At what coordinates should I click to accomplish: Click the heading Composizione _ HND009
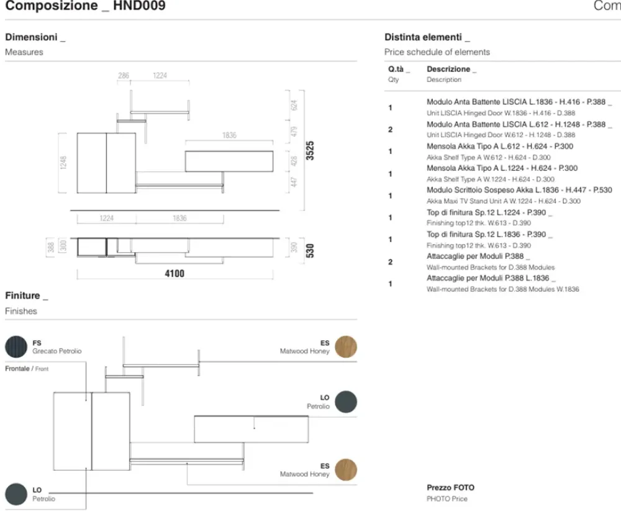click(x=86, y=7)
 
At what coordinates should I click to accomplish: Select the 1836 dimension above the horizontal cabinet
click(x=229, y=135)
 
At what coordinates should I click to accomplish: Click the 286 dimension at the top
click(x=124, y=76)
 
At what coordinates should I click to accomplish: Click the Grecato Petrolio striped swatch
click(x=16, y=346)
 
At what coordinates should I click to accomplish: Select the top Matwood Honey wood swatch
click(x=346, y=346)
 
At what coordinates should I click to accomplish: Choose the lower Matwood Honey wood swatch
click(x=346, y=469)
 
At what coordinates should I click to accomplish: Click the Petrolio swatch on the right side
click(x=346, y=402)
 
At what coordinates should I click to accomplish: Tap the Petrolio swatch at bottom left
click(x=16, y=494)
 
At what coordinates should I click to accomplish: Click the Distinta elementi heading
click(x=427, y=37)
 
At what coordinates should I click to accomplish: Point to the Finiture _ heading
click(x=26, y=296)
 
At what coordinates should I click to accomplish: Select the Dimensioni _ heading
click(x=35, y=37)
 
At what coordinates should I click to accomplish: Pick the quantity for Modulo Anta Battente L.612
click(x=390, y=130)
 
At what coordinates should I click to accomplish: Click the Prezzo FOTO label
click(x=450, y=488)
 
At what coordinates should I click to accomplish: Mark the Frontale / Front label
click(x=27, y=369)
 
